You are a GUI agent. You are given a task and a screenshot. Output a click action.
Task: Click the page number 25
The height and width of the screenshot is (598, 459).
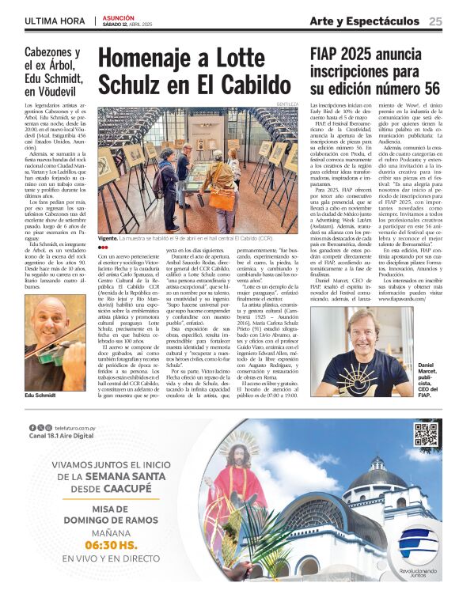[x=435, y=21]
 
